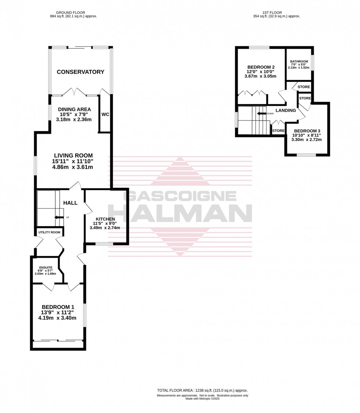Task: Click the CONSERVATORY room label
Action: pos(80,72)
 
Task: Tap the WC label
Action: pos(105,114)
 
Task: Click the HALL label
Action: pos(70,203)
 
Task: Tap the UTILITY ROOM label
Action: pos(49,233)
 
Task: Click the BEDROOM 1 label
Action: pos(58,307)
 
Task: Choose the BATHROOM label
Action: pos(299,61)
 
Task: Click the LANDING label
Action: pos(286,110)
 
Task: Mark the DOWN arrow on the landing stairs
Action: pos(262,114)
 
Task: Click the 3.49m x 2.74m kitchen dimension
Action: pos(105,228)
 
